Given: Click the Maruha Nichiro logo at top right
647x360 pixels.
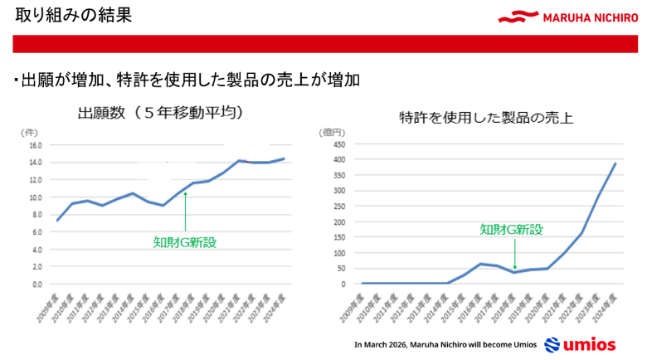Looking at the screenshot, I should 569,16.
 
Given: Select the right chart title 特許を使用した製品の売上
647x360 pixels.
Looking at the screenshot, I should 485,118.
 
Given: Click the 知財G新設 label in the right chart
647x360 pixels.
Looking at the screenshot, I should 512,230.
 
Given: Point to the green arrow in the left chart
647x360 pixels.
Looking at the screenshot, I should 186,211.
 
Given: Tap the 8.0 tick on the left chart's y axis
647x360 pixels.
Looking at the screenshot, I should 36,214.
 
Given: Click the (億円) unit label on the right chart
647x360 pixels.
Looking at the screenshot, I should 329,131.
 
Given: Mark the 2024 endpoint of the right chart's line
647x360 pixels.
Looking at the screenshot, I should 615,163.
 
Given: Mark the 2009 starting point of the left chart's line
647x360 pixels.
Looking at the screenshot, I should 56,221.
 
